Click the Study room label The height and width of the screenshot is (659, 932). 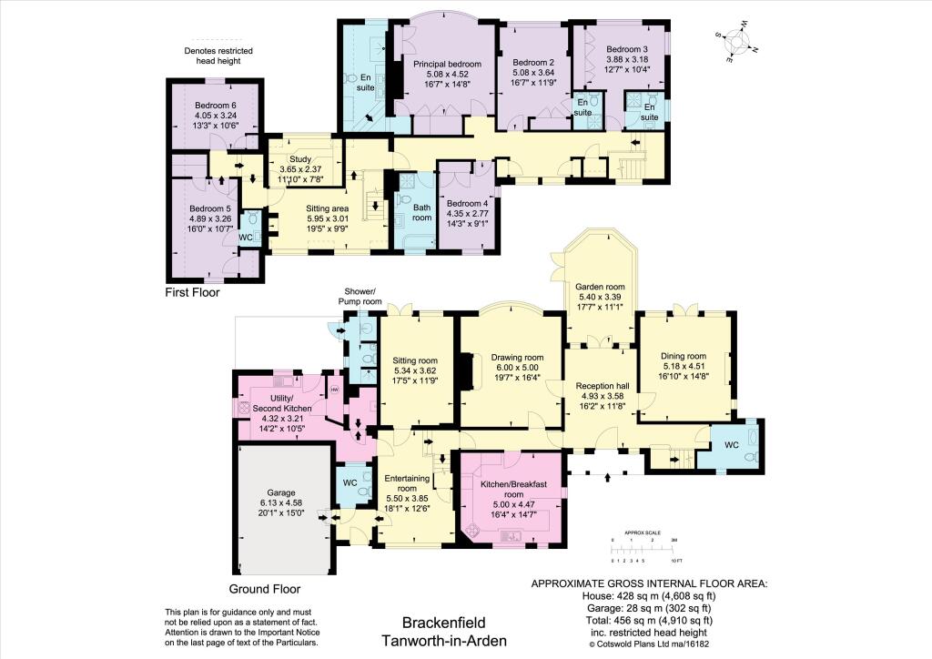[x=300, y=159]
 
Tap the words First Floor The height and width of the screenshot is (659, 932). [x=192, y=293]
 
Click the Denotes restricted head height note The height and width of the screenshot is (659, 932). [x=218, y=56]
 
